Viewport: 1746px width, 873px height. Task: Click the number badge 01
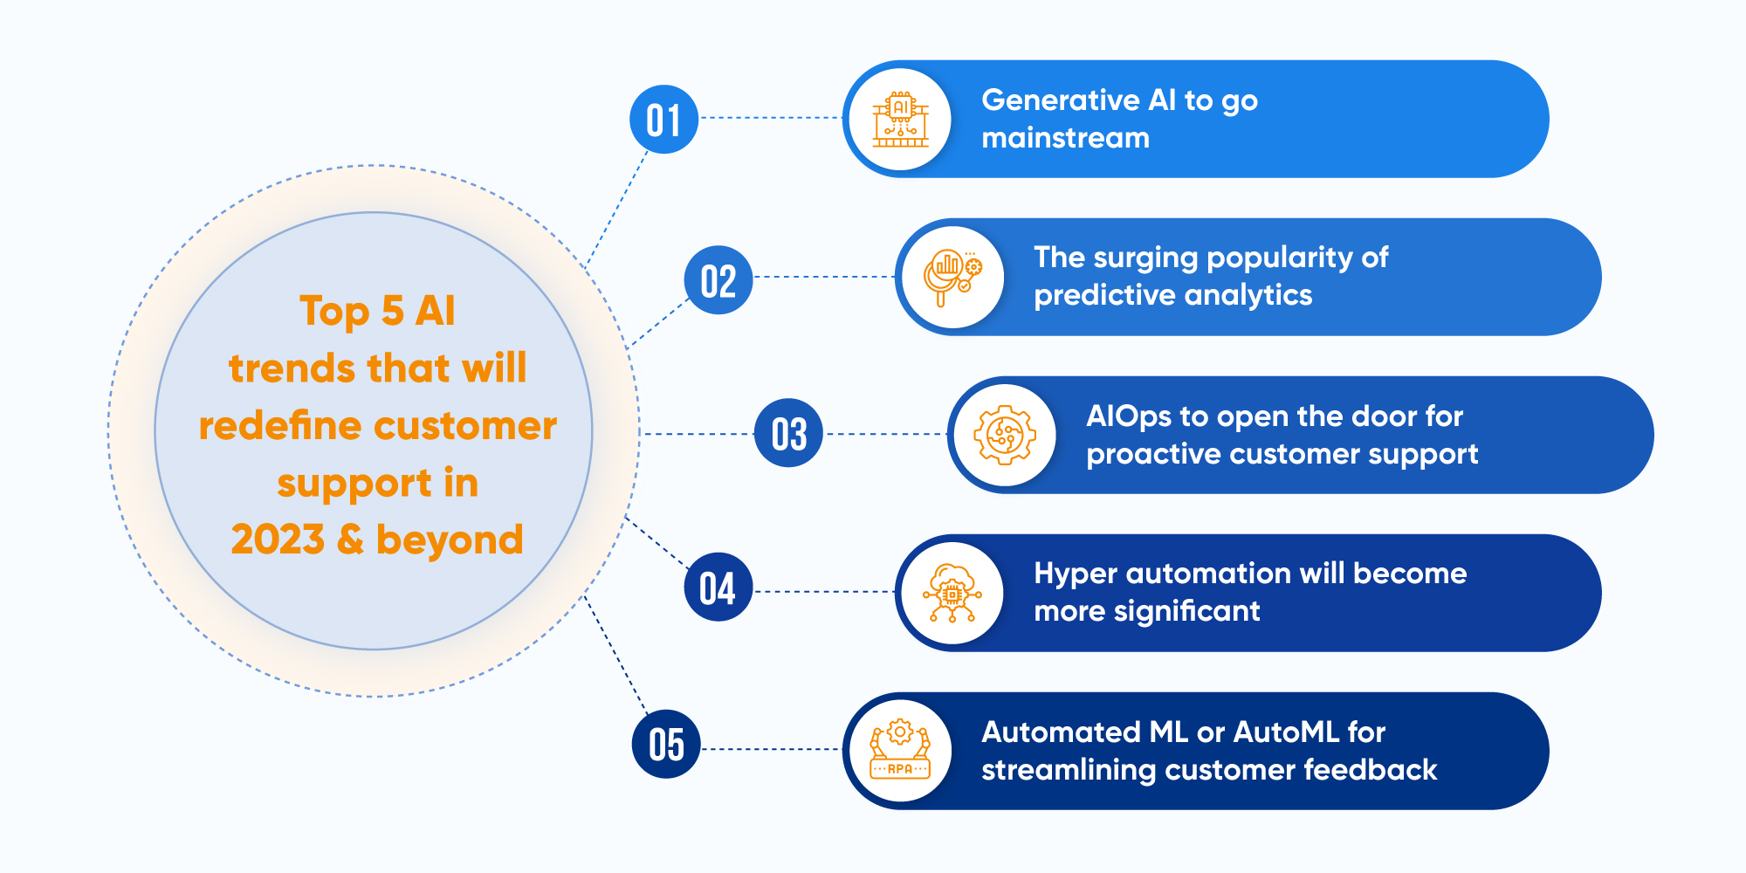point(663,120)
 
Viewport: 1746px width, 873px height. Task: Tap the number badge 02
point(718,280)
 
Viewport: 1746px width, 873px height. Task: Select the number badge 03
point(788,433)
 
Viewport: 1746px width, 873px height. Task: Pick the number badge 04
point(718,588)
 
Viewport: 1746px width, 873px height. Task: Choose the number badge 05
point(666,745)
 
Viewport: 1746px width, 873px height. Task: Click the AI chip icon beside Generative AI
point(900,120)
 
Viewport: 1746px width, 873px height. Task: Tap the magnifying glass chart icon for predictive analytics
point(952,278)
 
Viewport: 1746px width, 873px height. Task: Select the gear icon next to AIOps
point(1005,435)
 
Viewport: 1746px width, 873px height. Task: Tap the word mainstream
point(1065,138)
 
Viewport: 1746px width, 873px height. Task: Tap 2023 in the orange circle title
point(278,540)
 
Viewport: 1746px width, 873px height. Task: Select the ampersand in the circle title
point(350,540)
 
